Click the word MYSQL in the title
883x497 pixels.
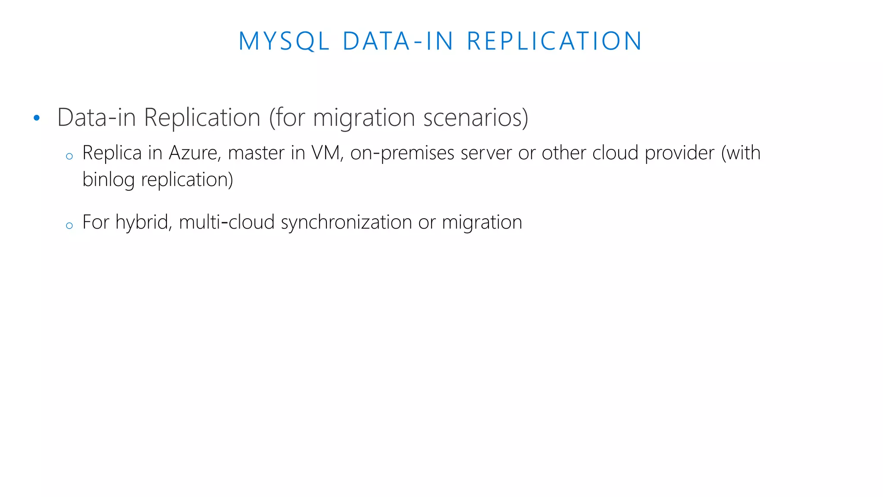tap(284, 41)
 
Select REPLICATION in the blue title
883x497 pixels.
tap(555, 41)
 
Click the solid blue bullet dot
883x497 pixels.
tap(37, 118)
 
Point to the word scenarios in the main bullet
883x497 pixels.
tap(476, 117)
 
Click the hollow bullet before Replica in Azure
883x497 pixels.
tap(69, 157)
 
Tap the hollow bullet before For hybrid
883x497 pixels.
tap(69, 226)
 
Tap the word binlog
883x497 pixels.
tap(108, 180)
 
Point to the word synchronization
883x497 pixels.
tap(346, 223)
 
